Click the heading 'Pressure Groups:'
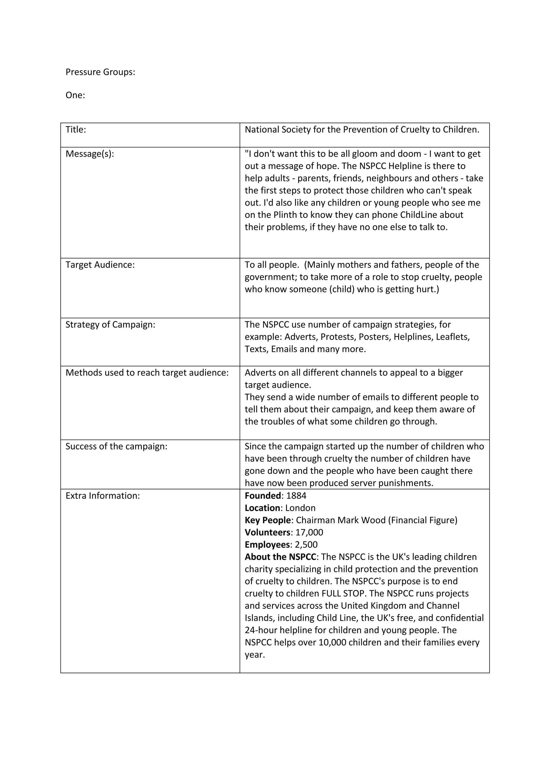100,72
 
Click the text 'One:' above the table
75,95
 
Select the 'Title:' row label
76,130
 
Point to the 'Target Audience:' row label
100,265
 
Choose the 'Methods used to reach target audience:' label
147,373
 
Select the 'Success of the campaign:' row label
116,446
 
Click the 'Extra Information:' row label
103,496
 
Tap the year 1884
296,496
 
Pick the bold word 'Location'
262,508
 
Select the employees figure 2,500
306,545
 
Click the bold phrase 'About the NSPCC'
280,557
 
